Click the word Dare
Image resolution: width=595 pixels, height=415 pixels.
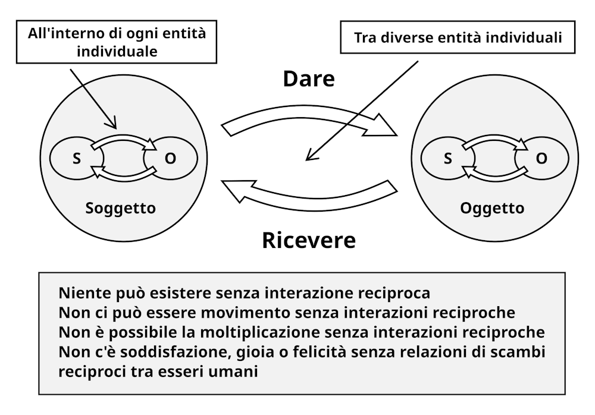309,79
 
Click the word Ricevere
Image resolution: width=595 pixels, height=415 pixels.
309,240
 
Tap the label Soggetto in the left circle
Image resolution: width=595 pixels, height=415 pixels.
121,208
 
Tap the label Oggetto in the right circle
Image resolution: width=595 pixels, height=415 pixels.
492,208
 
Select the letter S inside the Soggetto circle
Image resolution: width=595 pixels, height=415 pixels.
77,158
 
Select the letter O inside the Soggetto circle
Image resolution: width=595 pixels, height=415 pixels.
170,158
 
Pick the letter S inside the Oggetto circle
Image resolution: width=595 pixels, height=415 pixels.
448,158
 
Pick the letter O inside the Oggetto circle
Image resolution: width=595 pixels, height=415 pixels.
541,158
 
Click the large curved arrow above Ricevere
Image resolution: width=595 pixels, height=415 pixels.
309,204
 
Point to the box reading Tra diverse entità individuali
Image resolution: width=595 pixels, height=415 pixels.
458,37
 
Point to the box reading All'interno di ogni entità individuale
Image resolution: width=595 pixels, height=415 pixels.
117,42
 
